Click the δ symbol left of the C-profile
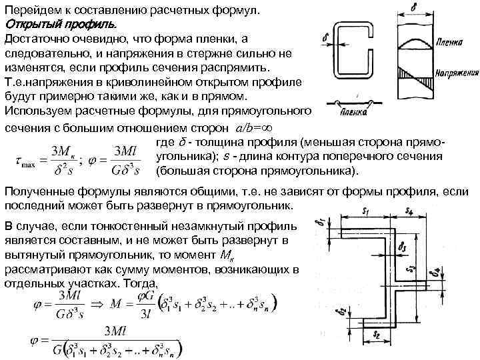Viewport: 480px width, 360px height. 325,40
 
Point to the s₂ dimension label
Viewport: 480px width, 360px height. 377,331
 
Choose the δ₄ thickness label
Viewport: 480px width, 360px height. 437,273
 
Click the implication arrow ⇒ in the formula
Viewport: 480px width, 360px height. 98,303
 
